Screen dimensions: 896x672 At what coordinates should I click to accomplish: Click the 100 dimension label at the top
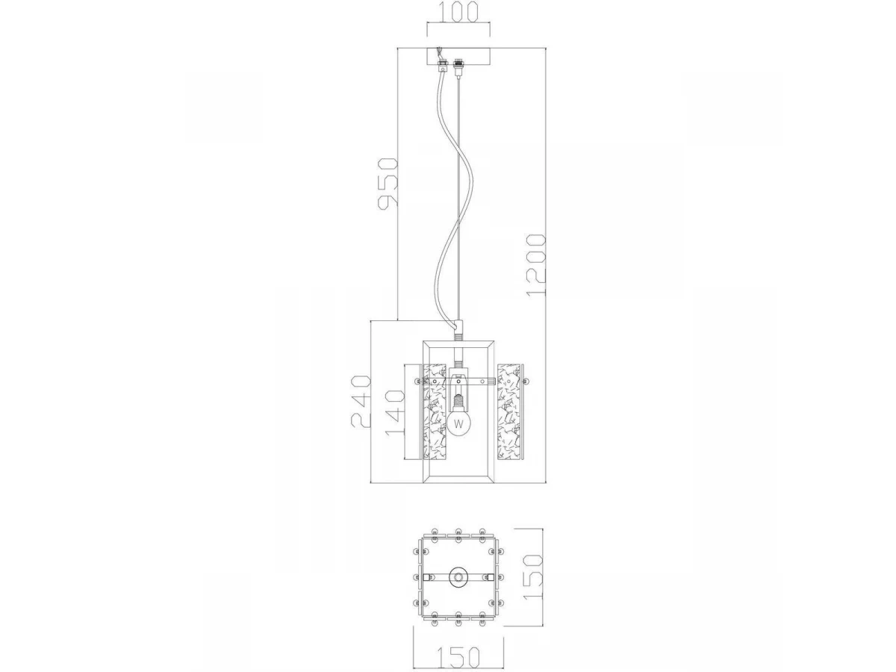458,11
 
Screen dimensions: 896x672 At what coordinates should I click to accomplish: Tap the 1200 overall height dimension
535,266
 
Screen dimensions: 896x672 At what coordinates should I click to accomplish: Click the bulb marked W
458,423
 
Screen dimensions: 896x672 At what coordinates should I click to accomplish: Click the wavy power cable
452,192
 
